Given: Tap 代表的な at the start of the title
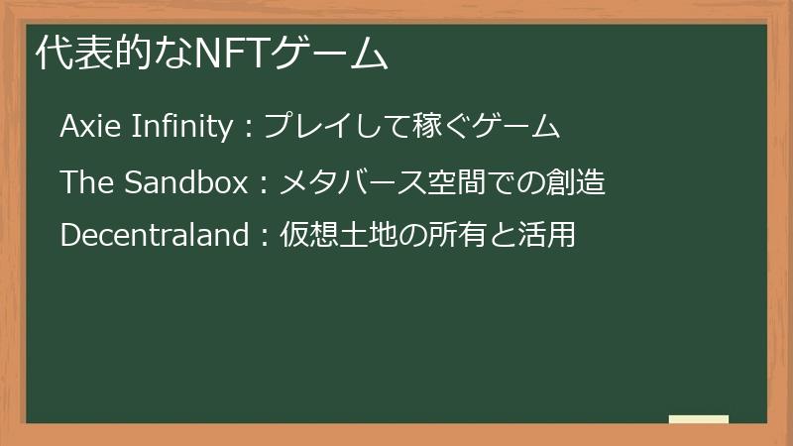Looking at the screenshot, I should coord(114,55).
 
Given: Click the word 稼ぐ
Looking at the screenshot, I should coord(437,127).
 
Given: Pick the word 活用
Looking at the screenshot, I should coord(547,236).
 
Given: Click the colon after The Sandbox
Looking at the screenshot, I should coord(264,184).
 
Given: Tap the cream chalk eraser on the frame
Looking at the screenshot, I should coord(698,419).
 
